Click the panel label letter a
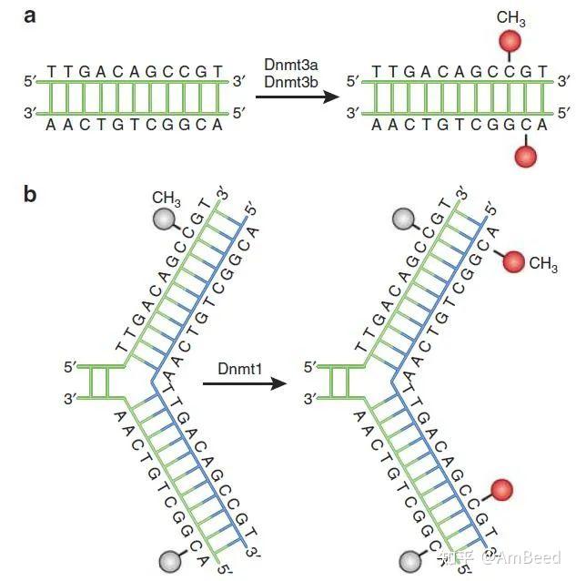click(30, 16)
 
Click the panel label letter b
click(30, 194)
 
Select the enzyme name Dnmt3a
click(291, 65)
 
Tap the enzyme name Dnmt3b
click(291, 82)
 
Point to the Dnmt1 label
click(240, 368)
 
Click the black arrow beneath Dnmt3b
click(298, 97)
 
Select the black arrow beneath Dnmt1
click(245, 383)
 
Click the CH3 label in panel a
click(510, 18)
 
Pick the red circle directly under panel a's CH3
click(510, 42)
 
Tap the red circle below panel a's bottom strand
click(526, 156)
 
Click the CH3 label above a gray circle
click(167, 199)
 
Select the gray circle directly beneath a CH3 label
click(164, 219)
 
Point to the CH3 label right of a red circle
click(543, 264)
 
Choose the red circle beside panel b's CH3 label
click(513, 261)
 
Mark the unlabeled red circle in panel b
click(501, 490)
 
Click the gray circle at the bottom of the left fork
click(170, 561)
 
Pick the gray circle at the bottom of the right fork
click(410, 561)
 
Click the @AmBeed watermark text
click(521, 557)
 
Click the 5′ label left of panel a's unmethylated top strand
click(30, 81)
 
